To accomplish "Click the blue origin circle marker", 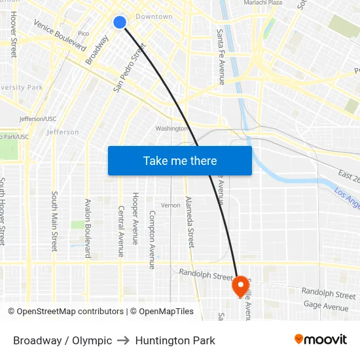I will [120, 22].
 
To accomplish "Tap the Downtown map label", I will [154, 16].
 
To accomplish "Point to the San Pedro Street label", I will [129, 68].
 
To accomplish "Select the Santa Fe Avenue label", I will [221, 56].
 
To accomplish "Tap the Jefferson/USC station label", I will [37, 119].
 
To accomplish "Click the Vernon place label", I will [170, 206].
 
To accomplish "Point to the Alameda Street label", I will [190, 222].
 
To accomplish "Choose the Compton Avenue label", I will [153, 239].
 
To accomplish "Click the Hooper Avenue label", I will [135, 218].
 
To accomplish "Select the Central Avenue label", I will [121, 231].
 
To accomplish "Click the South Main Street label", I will [54, 221].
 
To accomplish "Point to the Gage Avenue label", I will [326, 306].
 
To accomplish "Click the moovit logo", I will [321, 339].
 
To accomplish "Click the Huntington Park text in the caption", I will [175, 340].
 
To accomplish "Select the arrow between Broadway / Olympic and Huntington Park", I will [124, 340].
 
